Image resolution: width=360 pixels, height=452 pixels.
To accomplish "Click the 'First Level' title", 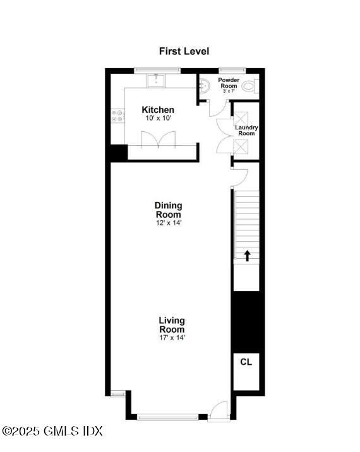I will coord(184,51).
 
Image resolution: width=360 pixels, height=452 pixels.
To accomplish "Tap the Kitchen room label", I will coord(158,110).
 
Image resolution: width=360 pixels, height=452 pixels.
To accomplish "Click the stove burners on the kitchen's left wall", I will coord(117,116).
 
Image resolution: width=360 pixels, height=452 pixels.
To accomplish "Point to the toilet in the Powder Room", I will coord(249,86).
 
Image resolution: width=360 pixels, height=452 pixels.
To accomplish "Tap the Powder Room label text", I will coord(229,83).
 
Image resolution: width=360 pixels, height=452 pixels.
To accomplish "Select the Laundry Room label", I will coord(246,131).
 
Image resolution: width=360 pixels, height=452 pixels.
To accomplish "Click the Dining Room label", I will coord(169,210).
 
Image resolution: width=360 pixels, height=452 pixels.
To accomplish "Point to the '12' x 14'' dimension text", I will coord(169,223).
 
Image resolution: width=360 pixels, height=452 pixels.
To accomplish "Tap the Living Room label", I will coord(172,325).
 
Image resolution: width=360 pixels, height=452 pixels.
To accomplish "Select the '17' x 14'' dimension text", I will coord(172,338).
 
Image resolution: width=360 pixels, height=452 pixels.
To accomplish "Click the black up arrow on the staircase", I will coord(248,256).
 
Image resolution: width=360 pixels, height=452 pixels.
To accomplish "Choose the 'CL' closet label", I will coord(246,362).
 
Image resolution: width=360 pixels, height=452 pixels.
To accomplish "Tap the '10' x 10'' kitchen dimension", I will coord(158,118).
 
